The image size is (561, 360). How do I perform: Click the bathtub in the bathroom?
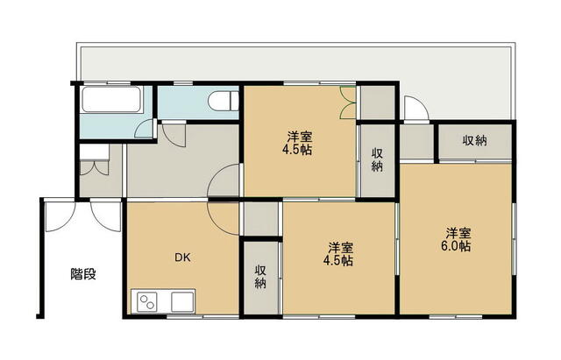(x=111, y=99)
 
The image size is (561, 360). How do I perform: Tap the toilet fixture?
(x=224, y=102)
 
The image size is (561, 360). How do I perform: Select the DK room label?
(x=182, y=257)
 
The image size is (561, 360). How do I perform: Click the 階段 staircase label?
(x=83, y=274)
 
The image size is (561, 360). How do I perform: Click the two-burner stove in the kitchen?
(x=147, y=302)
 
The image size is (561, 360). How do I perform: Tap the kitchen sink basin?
(x=182, y=302)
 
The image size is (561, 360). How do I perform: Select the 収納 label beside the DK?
(x=260, y=276)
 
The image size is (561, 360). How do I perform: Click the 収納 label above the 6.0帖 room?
(x=474, y=140)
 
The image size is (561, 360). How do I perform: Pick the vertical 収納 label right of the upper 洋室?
(x=377, y=159)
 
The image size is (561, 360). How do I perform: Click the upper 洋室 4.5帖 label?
(x=297, y=144)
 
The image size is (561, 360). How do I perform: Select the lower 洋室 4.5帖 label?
(x=338, y=254)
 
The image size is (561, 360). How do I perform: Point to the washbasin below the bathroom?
(x=94, y=152)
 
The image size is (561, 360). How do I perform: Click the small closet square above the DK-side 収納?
(x=261, y=219)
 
